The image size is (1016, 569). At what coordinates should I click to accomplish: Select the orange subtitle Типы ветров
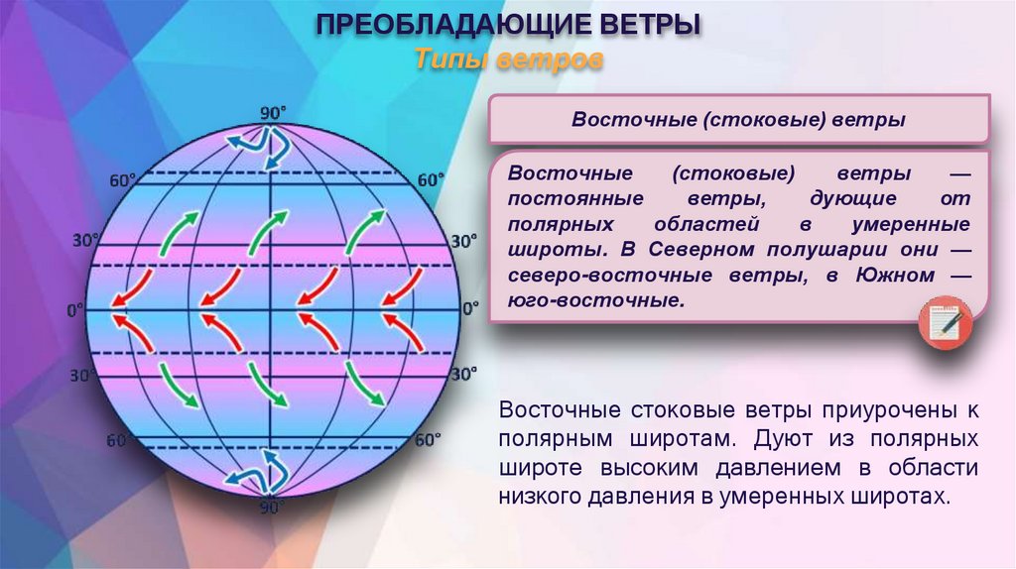point(508,59)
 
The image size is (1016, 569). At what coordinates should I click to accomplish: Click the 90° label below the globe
point(271,507)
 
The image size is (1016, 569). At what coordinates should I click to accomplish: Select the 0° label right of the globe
point(467,311)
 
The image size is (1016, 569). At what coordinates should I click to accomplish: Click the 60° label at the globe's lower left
point(119,440)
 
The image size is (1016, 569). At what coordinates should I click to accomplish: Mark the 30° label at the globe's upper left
point(86,240)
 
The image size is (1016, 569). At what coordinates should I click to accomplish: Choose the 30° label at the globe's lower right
point(463,375)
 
